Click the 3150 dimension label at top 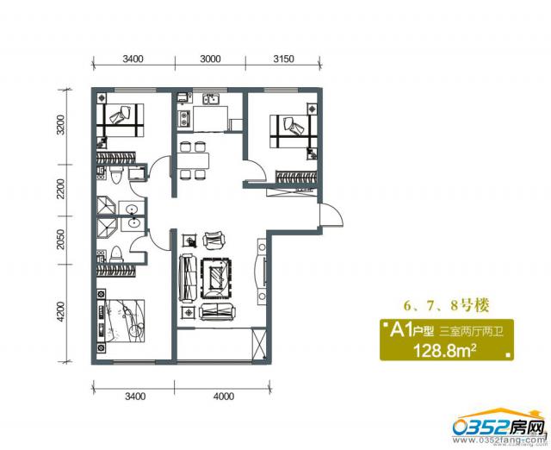[x=283, y=59]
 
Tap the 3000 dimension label [x=210, y=59]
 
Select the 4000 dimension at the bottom [x=224, y=397]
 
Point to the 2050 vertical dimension [x=61, y=240]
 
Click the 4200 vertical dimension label [x=61, y=312]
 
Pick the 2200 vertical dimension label [x=61, y=189]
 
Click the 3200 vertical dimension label [x=61, y=125]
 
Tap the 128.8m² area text [x=445, y=350]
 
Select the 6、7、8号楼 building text [x=446, y=305]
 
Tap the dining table [x=193, y=161]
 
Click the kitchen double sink [x=211, y=99]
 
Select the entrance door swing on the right [x=331, y=215]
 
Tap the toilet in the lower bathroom [x=115, y=254]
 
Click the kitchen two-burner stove [x=184, y=118]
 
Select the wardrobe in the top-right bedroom [x=295, y=177]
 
